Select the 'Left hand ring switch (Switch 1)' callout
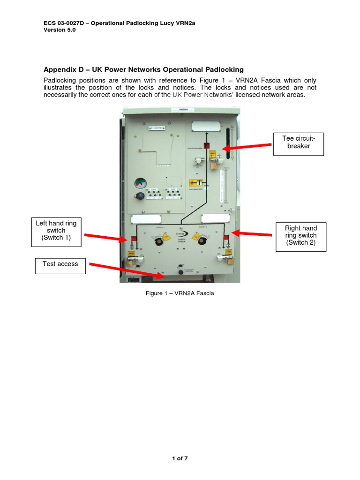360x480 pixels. click(56, 231)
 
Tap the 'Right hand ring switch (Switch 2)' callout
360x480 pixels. click(300, 235)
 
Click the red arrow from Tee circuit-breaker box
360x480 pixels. click(248, 147)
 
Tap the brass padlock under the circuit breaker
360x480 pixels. click(213, 165)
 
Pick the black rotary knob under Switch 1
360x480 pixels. click(160, 241)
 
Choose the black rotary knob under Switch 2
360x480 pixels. click(202, 241)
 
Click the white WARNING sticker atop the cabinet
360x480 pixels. click(182, 110)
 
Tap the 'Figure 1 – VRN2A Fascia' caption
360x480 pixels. click(180, 293)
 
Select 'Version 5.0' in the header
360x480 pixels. click(60, 29)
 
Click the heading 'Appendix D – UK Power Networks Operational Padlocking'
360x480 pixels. click(144, 69)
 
